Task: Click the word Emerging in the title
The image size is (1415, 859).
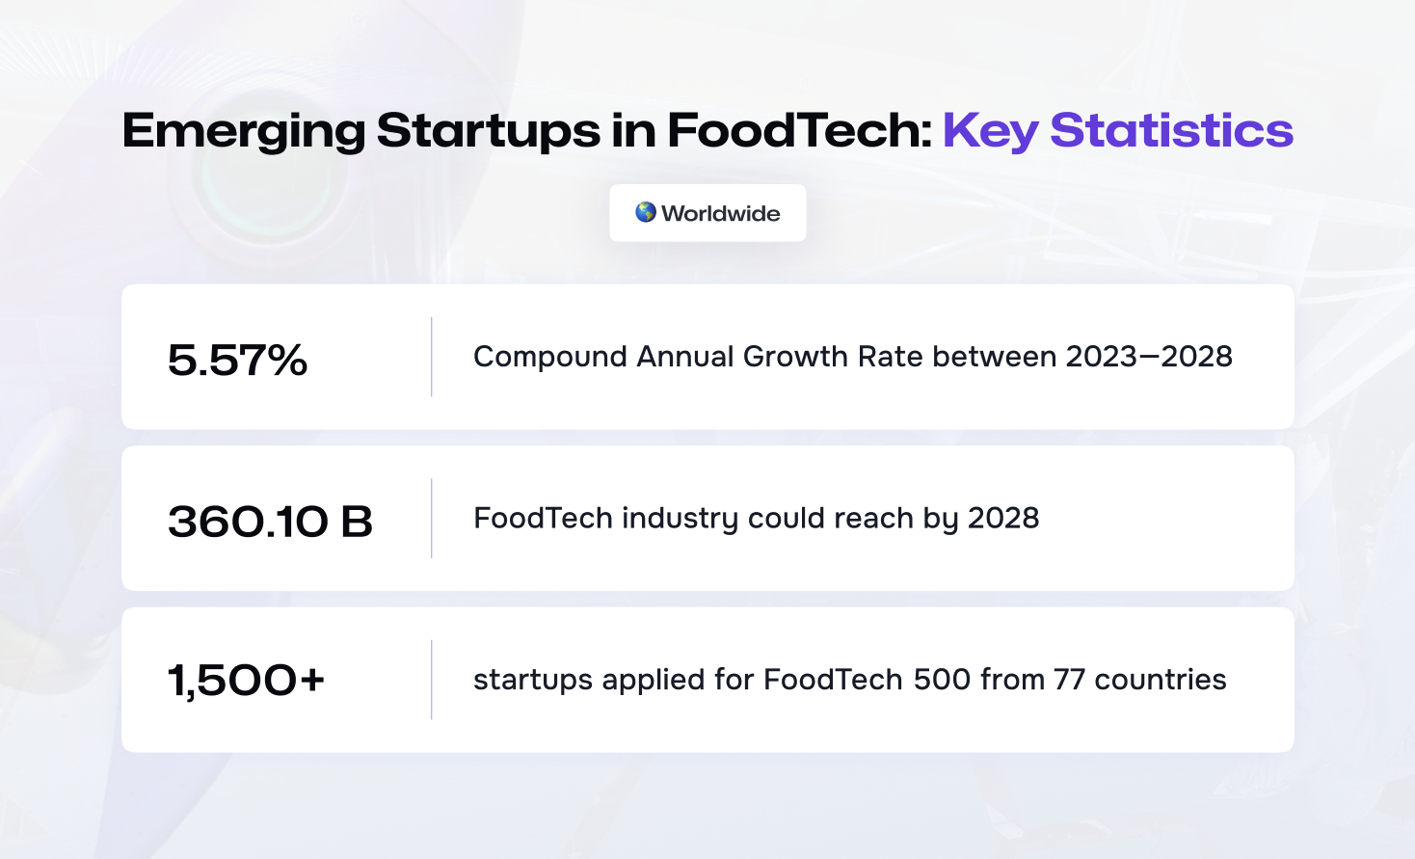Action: [244, 131]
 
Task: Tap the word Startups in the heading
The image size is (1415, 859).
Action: [489, 131]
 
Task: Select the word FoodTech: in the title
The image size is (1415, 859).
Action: [800, 130]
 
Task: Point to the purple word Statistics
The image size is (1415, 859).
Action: [1172, 130]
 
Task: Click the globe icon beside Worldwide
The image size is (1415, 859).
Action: [646, 212]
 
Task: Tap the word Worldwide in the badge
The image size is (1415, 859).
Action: [721, 213]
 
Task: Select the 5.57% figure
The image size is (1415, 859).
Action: [237, 360]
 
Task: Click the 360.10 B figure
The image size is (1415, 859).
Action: [270, 522]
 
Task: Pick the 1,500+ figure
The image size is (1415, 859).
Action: [247, 681]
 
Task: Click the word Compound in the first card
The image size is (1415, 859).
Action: [550, 358]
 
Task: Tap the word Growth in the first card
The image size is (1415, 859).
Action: [795, 357]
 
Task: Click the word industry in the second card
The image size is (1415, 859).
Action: [681, 520]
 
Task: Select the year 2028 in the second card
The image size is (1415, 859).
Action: [1003, 519]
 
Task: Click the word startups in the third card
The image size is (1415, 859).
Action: [533, 681]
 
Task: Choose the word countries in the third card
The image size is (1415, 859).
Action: [1161, 680]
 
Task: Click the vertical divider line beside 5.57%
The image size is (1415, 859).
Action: [432, 357]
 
